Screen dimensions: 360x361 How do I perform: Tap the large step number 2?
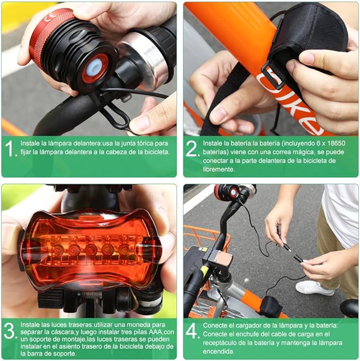pos(192,149)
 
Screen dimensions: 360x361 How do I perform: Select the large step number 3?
pos(10,331)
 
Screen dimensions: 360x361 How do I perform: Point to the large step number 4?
pos(192,331)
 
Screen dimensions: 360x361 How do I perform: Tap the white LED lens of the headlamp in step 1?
pos(95,67)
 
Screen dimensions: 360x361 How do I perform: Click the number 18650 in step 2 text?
pos(336,143)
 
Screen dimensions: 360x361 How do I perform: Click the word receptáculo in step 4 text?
pos(219,343)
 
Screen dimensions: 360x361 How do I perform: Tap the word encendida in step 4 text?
pos(218,351)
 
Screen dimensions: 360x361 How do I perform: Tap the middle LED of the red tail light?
pos(91,250)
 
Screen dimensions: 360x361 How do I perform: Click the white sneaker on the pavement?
pos(314,288)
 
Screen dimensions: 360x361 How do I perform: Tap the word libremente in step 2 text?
pos(218,169)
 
